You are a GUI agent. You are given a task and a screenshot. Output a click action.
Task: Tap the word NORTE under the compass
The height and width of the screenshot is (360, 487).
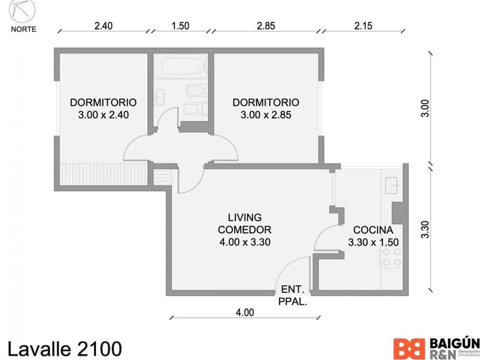[x=24, y=29]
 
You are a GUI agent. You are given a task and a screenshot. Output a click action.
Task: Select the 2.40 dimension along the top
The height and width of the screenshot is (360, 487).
[x=103, y=26]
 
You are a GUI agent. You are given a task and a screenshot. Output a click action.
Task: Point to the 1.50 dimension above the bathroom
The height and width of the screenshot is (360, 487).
[x=180, y=26]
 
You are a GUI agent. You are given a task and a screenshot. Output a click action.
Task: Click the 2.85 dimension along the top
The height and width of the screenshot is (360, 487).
[x=266, y=26]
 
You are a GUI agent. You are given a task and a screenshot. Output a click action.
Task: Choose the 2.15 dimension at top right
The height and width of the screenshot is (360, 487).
[x=363, y=26]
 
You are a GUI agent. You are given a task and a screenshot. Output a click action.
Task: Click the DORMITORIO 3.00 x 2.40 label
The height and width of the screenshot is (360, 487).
[x=103, y=108]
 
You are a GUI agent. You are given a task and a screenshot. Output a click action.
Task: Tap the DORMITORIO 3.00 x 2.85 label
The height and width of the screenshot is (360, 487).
[x=266, y=108]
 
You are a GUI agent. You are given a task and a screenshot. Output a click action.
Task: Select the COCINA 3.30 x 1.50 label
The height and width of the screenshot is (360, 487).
[x=373, y=235]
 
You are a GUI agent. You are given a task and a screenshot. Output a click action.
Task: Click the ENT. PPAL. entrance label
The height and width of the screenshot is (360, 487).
[x=293, y=295]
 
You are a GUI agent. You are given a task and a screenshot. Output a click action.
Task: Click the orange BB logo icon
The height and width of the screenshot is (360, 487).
[x=409, y=348]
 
